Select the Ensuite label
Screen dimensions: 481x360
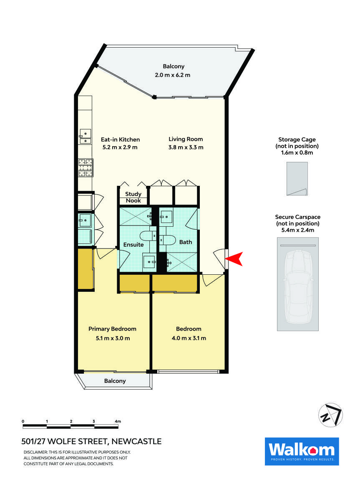[133, 245]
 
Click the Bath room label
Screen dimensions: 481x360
[185, 242]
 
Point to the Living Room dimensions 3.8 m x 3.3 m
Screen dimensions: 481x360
[186, 147]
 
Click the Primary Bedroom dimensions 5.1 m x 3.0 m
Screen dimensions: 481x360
[112, 338]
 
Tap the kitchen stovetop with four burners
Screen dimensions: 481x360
[85, 168]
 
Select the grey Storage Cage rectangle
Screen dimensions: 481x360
[297, 179]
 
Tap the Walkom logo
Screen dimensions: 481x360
[302, 451]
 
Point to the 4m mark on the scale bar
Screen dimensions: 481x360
[118, 421]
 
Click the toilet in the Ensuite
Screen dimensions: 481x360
[148, 237]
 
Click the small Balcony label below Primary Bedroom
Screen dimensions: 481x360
[115, 381]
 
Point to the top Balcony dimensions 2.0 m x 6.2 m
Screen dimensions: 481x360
[173, 75]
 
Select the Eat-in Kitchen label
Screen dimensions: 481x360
[120, 139]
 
